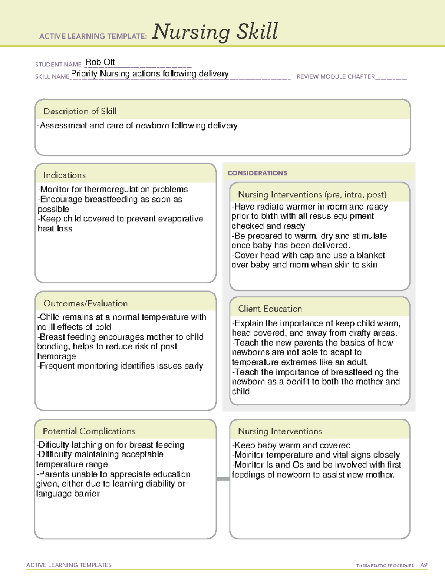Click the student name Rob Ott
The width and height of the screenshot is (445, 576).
pyautogui.click(x=100, y=62)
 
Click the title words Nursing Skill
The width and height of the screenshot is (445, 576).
pyautogui.click(x=215, y=32)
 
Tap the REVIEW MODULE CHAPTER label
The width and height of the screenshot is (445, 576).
pyautogui.click(x=336, y=76)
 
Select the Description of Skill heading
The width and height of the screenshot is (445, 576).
pyautogui.click(x=80, y=111)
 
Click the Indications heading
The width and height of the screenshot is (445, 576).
pyautogui.click(x=64, y=175)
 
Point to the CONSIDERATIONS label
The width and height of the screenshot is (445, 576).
pyautogui.click(x=257, y=173)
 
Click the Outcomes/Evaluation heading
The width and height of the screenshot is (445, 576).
pyautogui.click(x=85, y=303)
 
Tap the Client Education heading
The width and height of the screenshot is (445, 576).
pyautogui.click(x=270, y=309)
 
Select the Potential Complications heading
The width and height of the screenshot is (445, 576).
pyautogui.click(x=89, y=431)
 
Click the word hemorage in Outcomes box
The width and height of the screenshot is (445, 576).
pyautogui.click(x=56, y=356)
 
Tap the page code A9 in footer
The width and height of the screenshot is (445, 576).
pyautogui.click(x=423, y=565)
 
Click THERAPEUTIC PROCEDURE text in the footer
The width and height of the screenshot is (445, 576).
pyautogui.click(x=385, y=566)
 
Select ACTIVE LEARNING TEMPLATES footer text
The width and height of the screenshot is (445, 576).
pyautogui.click(x=69, y=565)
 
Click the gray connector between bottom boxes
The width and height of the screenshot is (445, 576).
pyautogui.click(x=223, y=479)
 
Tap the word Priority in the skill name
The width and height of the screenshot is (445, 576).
pyautogui.click(x=84, y=74)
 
